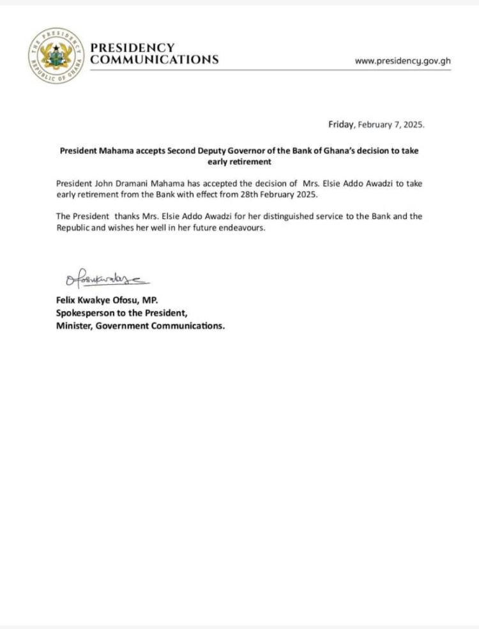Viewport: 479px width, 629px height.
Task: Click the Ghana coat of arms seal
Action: tap(56, 55)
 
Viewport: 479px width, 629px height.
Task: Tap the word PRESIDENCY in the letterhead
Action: tap(132, 48)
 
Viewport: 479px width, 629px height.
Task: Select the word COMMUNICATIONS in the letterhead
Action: tap(154, 60)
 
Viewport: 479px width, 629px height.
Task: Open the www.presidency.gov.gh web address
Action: tap(402, 61)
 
